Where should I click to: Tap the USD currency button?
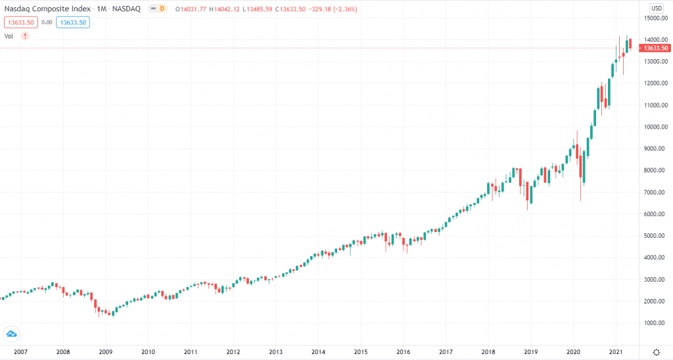tap(657, 8)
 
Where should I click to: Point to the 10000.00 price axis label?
tap(656, 127)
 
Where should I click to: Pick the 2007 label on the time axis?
tap(20, 352)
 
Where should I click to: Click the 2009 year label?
tap(105, 352)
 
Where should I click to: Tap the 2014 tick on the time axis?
tap(318, 352)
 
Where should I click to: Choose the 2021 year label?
tap(616, 352)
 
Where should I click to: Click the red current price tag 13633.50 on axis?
tap(656, 48)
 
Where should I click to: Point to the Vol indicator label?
tap(9, 35)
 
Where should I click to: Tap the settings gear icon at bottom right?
tap(656, 352)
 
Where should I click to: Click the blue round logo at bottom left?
tap(11, 334)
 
